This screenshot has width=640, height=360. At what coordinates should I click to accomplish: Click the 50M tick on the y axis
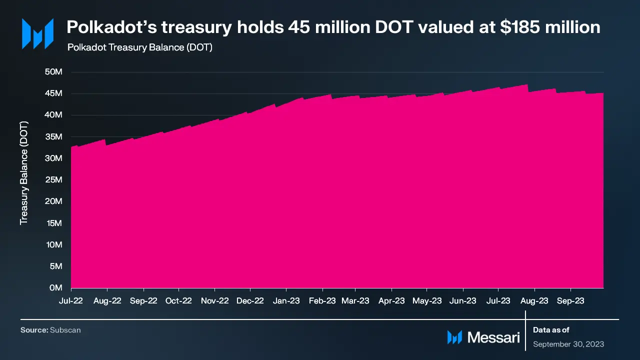point(53,72)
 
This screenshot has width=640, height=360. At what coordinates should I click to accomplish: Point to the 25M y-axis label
point(53,180)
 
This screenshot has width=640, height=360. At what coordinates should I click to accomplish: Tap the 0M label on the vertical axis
point(56,288)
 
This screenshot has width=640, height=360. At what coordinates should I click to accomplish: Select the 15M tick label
point(53,223)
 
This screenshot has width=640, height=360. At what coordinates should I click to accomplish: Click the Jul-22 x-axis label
point(71,300)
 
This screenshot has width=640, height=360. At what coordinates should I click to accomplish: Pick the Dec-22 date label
point(250,300)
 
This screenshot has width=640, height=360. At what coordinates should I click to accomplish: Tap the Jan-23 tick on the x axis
point(286,300)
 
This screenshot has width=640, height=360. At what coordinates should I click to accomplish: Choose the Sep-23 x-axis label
point(570,300)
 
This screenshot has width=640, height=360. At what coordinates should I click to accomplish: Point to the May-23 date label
point(427,300)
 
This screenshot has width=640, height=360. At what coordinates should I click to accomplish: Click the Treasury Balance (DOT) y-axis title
point(24,172)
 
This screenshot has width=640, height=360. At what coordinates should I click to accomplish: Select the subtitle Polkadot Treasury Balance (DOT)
point(139,47)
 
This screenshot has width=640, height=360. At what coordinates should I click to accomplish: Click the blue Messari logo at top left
point(37,34)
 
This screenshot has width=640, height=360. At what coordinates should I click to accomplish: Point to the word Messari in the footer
point(493,337)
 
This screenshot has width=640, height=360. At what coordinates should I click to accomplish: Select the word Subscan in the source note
point(65,330)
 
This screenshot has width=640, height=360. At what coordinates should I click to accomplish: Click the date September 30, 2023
point(568,344)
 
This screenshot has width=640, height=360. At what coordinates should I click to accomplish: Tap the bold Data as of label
point(551,330)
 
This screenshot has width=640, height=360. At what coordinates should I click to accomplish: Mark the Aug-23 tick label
point(534,300)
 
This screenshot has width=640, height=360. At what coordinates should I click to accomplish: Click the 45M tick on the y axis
point(53,93)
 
